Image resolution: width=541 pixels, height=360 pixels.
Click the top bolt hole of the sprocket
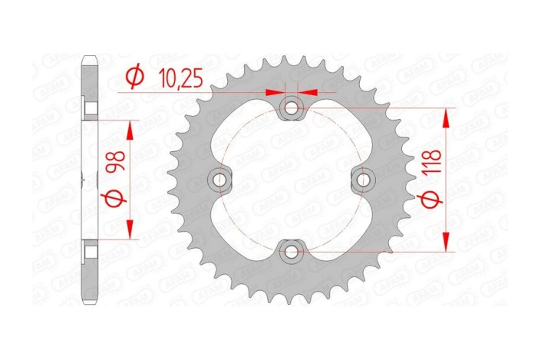click(291, 108)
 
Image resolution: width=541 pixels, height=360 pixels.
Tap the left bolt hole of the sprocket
click(220, 180)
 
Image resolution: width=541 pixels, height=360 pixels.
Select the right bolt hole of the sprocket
click(362, 180)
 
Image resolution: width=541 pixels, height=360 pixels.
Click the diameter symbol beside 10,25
click(134, 78)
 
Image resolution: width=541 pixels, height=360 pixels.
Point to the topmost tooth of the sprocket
click(291, 55)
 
